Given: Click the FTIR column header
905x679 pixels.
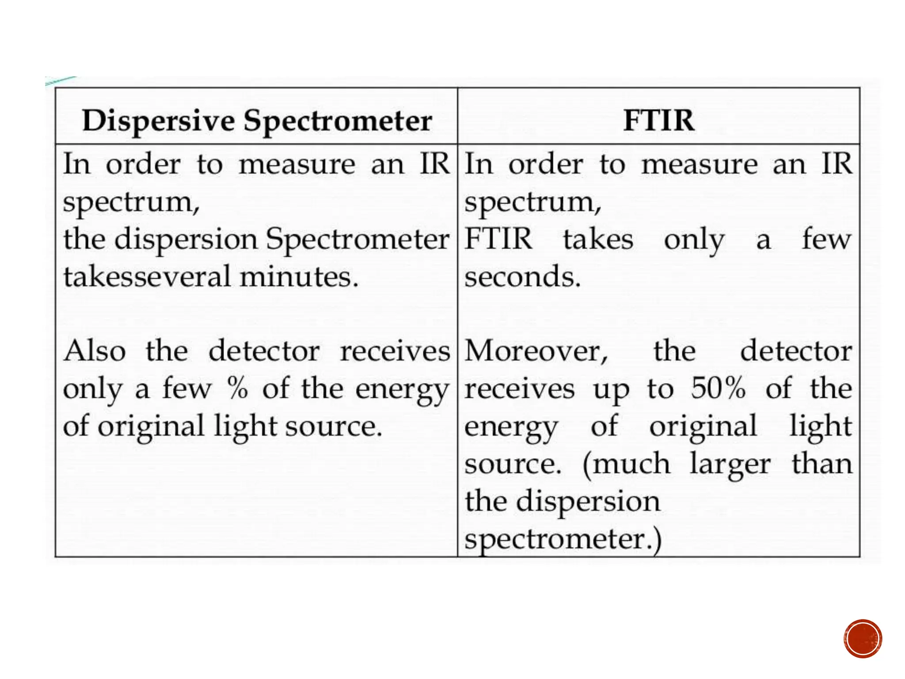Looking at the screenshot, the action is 658,120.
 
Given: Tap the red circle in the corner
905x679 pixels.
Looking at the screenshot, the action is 863,639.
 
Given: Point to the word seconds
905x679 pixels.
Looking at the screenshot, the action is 522,277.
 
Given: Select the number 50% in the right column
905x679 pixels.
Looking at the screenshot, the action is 719,389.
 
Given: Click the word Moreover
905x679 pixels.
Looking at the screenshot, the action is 536,352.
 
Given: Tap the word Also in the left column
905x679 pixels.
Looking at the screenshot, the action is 95,351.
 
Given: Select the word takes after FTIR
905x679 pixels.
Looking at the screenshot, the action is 598,240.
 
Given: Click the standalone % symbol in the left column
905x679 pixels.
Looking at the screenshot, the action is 238,389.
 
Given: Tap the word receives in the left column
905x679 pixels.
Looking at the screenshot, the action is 395,352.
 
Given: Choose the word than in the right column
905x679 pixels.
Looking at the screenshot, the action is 821,464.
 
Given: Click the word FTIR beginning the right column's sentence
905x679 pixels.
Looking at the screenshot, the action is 498,239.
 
